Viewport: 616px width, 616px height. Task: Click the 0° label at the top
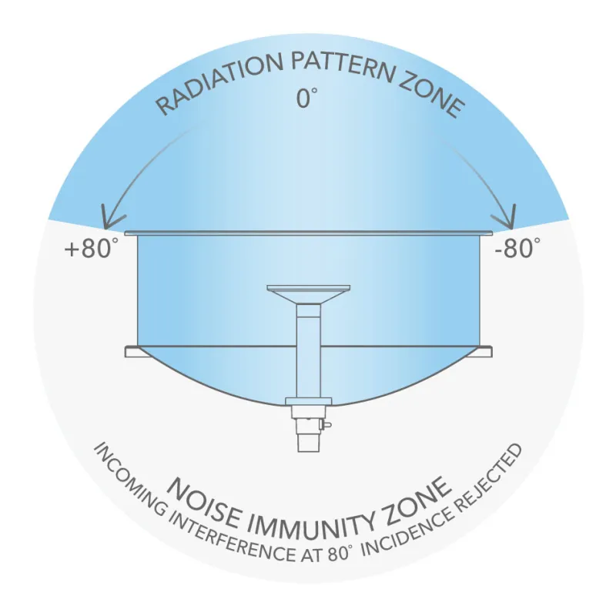pos(306,98)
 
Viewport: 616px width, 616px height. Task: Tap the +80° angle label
pos(91,249)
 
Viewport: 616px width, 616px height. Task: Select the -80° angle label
pos(517,248)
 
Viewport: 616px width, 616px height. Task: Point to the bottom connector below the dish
pos(309,429)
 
